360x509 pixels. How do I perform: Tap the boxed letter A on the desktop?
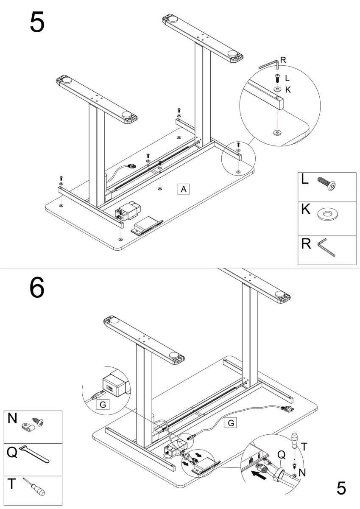[183, 189]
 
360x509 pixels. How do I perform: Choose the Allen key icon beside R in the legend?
[326, 249]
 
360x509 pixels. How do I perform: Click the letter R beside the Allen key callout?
[283, 60]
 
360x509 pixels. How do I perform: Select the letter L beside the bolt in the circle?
[287, 78]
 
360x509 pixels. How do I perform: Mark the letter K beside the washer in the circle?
[287, 90]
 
